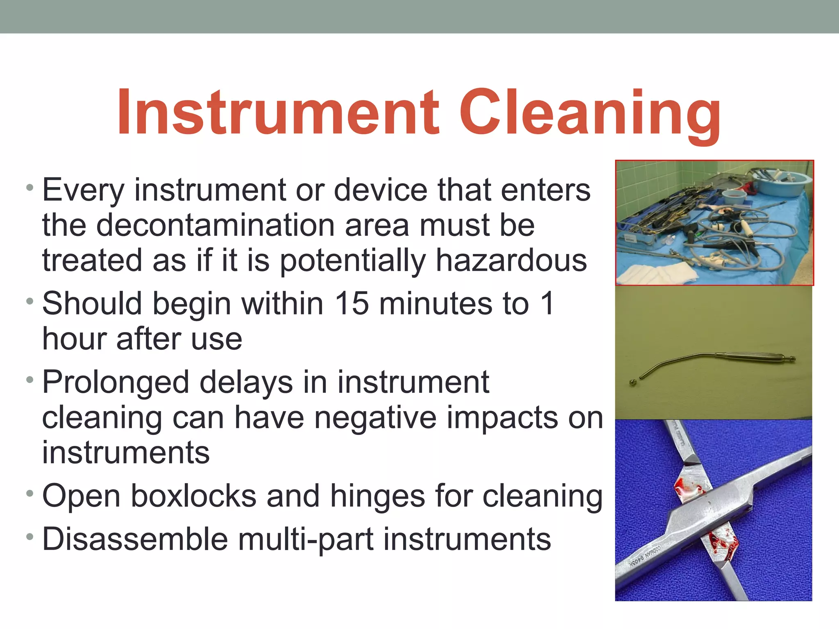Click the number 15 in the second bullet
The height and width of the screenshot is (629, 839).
(352, 303)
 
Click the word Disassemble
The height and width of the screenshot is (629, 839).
(135, 539)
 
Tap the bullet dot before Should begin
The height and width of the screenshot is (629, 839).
(29, 301)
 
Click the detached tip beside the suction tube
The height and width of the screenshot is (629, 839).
(633, 383)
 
